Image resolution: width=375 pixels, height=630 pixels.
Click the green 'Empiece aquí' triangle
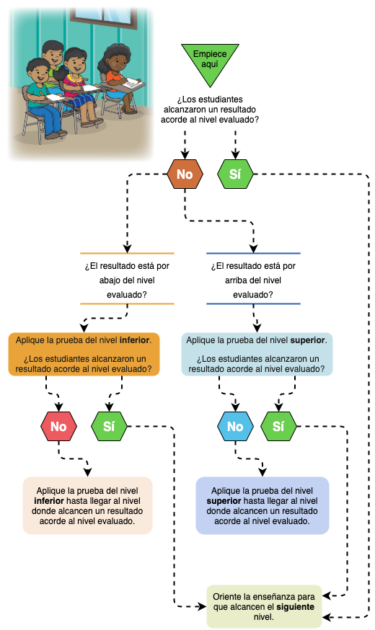(210, 61)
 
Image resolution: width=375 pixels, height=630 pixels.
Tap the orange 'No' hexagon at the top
(185, 174)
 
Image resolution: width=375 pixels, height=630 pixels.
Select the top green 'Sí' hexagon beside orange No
(235, 174)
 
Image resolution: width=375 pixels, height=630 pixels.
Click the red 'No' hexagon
(58, 426)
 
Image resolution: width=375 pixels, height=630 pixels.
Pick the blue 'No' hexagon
(236, 426)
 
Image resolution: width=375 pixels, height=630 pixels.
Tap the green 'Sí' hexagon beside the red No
(110, 426)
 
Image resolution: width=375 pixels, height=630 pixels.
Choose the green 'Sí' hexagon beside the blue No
(278, 426)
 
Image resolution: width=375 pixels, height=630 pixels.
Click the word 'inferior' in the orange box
(135, 340)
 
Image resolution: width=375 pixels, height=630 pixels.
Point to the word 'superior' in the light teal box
(307, 340)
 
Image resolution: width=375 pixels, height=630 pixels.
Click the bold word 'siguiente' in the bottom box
(296, 607)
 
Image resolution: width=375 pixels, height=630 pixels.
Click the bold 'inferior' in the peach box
(49, 501)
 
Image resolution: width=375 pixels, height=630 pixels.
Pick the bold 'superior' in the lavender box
(224, 501)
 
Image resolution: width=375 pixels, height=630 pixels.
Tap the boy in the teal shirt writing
(43, 99)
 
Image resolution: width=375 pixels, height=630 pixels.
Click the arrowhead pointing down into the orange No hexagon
(185, 154)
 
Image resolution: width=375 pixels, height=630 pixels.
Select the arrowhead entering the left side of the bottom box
(202, 607)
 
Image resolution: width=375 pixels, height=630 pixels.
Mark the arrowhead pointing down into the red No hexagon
(58, 407)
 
